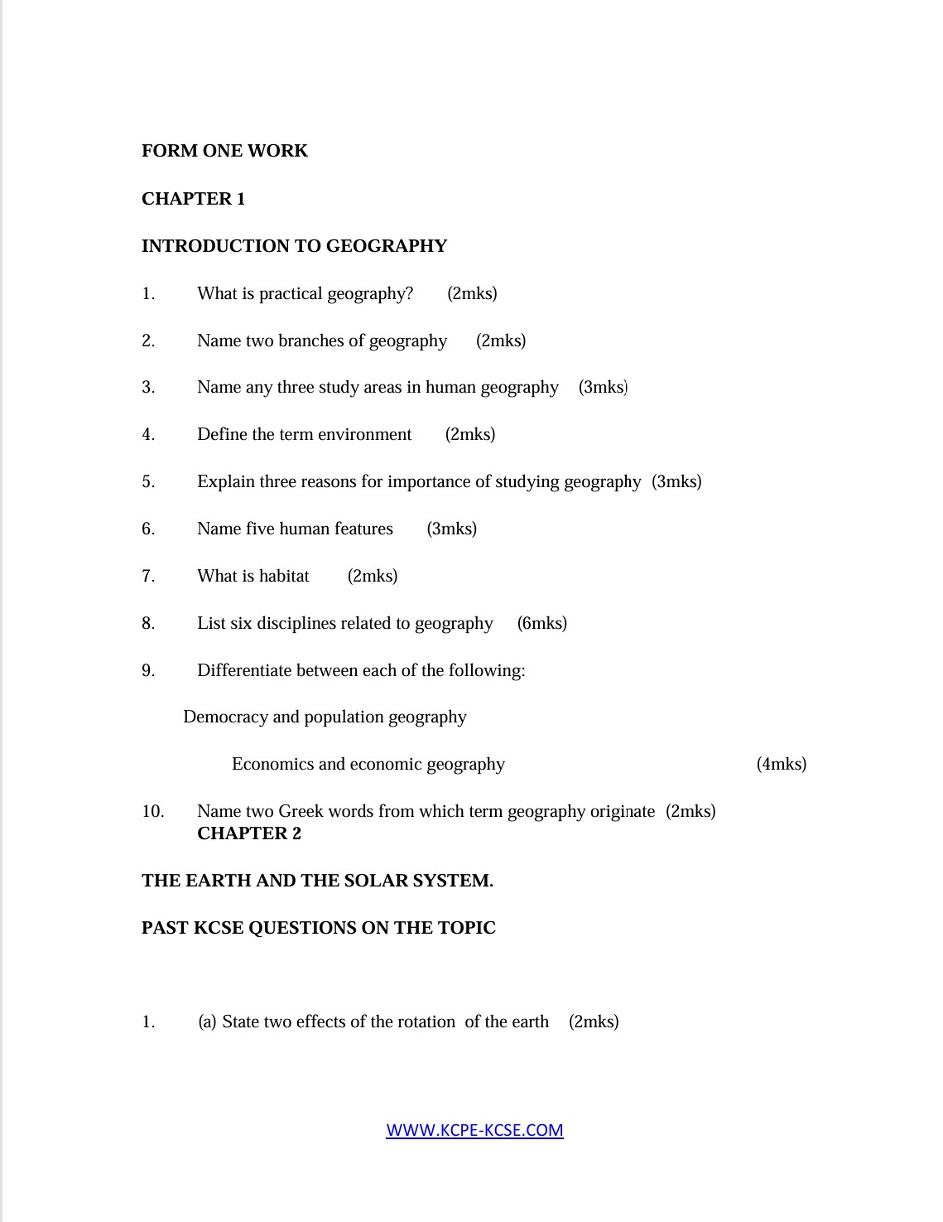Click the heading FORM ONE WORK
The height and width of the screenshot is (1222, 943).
pyautogui.click(x=224, y=151)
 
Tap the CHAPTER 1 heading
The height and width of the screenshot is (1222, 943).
pyautogui.click(x=193, y=199)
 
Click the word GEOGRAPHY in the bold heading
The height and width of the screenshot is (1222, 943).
pyautogui.click(x=387, y=246)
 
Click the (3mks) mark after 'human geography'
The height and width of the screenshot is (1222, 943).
pyautogui.click(x=603, y=387)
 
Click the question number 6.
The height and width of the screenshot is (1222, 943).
pyautogui.click(x=148, y=529)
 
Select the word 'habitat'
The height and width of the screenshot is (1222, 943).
pyautogui.click(x=284, y=576)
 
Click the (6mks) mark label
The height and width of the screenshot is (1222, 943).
pyautogui.click(x=541, y=623)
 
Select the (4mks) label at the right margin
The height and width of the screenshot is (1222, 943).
pyautogui.click(x=781, y=764)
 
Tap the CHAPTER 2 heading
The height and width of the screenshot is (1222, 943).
pyautogui.click(x=249, y=833)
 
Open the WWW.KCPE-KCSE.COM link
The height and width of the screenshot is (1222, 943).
pyautogui.click(x=474, y=1130)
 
